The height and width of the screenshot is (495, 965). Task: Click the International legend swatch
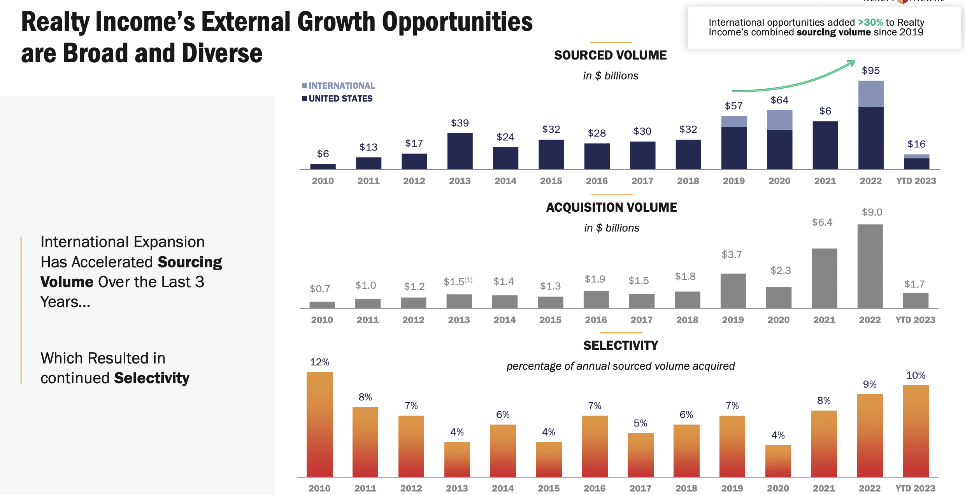coord(304,86)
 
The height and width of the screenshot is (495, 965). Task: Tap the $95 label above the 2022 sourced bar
coord(870,70)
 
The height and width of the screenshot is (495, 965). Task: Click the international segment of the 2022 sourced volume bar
coord(870,94)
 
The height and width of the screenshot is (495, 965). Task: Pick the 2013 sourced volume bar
coord(460,151)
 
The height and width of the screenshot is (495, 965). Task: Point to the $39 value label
coord(460,123)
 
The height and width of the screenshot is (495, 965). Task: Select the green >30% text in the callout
coord(870,22)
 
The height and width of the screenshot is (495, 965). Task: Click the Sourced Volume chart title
coord(610,55)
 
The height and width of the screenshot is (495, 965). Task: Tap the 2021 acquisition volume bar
coord(824,278)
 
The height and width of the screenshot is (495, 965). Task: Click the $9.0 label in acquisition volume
coord(872,212)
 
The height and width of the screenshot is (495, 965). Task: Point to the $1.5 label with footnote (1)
coord(458,281)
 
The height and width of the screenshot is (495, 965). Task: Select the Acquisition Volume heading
coord(611,207)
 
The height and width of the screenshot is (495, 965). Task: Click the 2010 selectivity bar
coord(319,424)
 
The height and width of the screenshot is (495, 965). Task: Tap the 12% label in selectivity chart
coord(319,362)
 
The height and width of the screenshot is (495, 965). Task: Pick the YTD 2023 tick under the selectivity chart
coord(915,488)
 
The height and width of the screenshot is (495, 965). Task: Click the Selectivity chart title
coord(621,346)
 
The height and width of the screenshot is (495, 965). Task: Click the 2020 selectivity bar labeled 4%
coord(778,461)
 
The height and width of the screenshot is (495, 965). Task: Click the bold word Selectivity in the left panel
coord(152,378)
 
